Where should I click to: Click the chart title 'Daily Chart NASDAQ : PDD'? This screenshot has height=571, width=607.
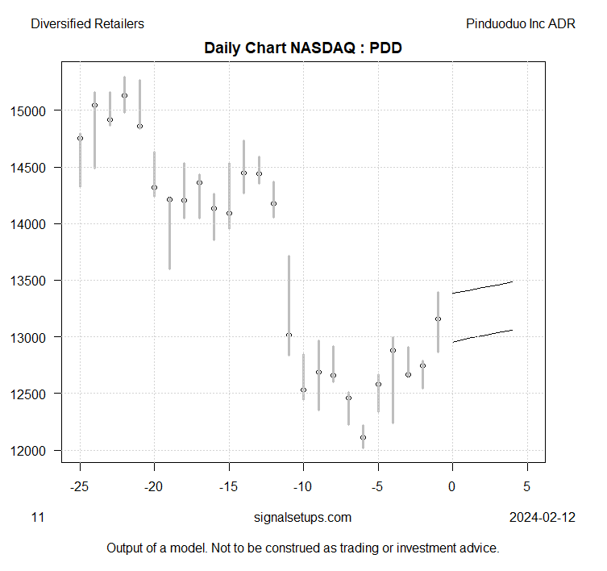click(303, 48)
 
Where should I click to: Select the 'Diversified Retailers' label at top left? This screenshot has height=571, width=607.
click(87, 23)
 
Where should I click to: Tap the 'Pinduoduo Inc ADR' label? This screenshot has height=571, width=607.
click(521, 23)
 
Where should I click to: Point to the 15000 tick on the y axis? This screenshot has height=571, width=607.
click(37, 110)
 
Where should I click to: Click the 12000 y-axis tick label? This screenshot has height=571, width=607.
click(37, 450)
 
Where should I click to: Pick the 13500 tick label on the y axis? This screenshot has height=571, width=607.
click(37, 281)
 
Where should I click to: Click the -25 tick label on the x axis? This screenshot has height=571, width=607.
click(79, 487)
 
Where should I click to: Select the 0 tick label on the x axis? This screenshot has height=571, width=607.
click(452, 487)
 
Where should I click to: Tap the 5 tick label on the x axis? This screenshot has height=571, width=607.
click(527, 487)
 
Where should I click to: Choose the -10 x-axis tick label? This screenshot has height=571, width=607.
click(303, 487)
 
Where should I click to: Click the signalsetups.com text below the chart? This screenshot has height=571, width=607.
click(302, 517)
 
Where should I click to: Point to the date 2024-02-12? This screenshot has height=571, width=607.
click(543, 517)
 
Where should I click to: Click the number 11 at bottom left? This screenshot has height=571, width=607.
click(37, 517)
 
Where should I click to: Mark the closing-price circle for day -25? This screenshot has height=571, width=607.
click(80, 138)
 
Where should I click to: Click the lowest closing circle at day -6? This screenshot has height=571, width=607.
click(363, 437)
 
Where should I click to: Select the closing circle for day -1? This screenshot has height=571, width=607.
click(438, 319)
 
